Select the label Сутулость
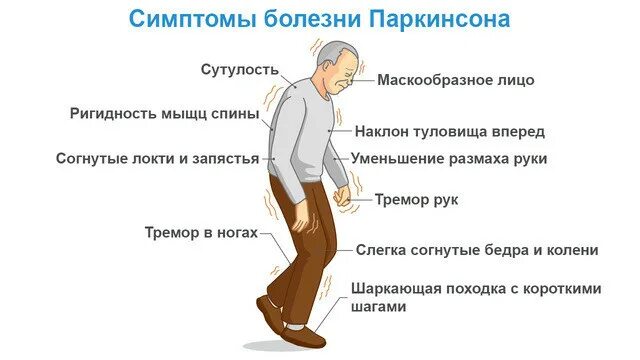click(x=236, y=70)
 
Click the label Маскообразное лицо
click(x=456, y=79)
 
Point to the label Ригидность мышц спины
click(x=165, y=113)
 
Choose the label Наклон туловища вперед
click(x=450, y=131)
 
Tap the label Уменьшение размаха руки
click(x=449, y=158)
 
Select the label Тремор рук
click(x=417, y=200)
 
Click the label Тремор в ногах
click(x=201, y=233)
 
